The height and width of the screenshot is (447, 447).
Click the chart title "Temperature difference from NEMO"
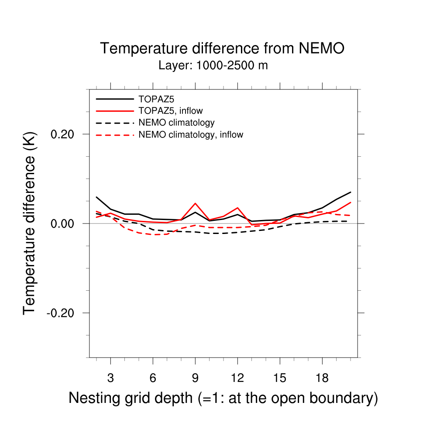tap(222, 48)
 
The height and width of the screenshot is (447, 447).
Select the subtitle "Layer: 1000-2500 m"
tap(213, 66)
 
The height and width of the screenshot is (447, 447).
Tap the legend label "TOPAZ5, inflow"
tap(171, 110)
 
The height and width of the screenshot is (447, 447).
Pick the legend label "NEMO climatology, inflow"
tap(191, 134)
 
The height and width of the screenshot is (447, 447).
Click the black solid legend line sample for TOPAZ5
tap(115, 99)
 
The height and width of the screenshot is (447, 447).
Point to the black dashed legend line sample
tap(115, 123)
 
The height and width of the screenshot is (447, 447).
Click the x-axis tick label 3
tap(110, 378)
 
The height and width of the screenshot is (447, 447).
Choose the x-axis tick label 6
tap(153, 378)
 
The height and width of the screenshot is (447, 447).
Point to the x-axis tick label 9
tap(195, 378)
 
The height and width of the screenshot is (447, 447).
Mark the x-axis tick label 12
tap(237, 378)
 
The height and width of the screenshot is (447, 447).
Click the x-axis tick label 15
tap(279, 378)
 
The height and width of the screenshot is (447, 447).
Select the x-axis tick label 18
tap(322, 378)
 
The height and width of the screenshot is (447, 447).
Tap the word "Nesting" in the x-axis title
tap(94, 398)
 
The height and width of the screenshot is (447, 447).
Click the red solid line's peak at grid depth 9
tap(195, 203)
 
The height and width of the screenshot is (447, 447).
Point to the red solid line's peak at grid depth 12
tap(237, 208)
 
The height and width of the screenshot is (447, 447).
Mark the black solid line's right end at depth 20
tap(351, 192)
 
